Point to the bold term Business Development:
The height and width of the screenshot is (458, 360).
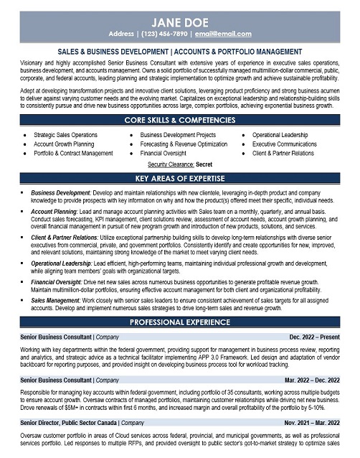61,193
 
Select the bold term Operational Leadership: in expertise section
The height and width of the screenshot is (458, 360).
67,263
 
